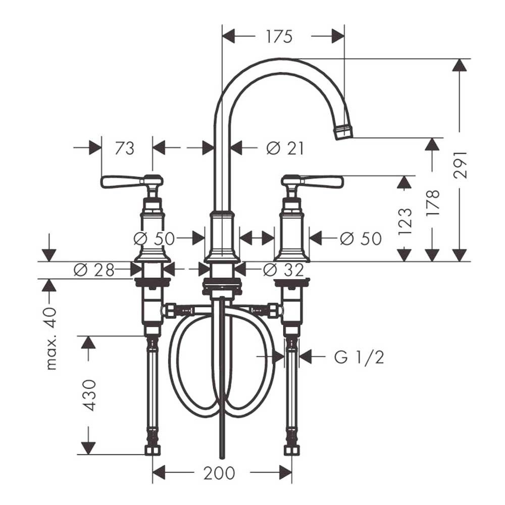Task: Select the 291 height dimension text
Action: [460, 164]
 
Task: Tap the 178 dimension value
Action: [433, 203]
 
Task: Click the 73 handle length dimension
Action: [124, 148]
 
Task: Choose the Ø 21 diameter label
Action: [285, 148]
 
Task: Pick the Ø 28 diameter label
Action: [94, 270]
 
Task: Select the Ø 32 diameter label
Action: [284, 270]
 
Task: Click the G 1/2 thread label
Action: [359, 358]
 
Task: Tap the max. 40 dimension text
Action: [51, 338]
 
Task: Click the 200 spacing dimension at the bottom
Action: [219, 473]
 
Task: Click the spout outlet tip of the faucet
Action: [343, 132]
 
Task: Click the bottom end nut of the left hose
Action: [152, 449]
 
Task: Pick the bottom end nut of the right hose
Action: [291, 449]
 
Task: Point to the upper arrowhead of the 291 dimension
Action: [460, 65]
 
